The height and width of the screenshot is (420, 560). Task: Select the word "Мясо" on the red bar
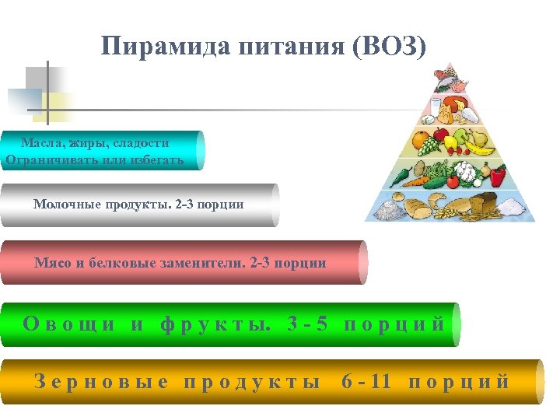pos(53,263)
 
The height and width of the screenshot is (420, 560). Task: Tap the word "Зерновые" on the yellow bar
pos(102,382)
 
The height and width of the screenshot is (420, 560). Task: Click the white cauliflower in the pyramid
pos(465,171)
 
